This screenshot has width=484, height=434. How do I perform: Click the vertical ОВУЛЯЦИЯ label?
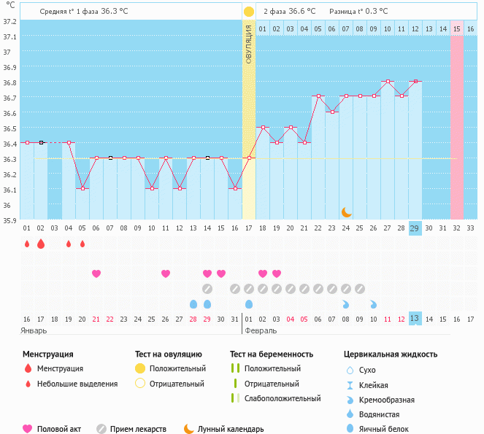point(248,44)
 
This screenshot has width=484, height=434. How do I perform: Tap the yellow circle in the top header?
point(249,12)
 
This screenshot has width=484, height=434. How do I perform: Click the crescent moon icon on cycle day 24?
point(347,212)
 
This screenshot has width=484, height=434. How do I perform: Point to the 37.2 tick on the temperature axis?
point(9,21)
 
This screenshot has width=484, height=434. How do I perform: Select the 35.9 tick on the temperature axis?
point(9,220)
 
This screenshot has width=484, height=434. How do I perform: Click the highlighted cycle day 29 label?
point(415,228)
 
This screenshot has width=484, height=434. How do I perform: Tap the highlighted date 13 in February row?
point(415,319)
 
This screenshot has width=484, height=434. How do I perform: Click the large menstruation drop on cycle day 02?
point(41,244)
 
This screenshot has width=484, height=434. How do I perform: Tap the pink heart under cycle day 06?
point(96,274)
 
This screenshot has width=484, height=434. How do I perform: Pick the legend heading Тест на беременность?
point(272,354)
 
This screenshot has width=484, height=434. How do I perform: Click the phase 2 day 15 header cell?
point(456,28)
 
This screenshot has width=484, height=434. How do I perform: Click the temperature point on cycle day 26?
point(374,96)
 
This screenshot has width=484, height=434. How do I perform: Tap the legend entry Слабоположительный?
point(283,398)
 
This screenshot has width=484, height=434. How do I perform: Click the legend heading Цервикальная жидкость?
point(391,354)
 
